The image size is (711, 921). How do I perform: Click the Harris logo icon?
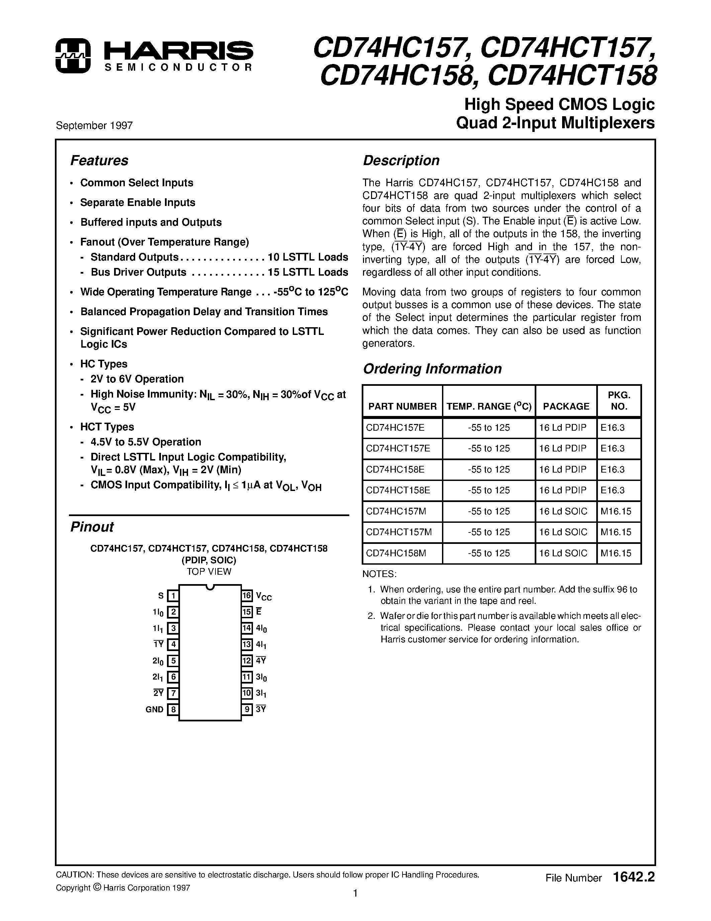click(x=73, y=56)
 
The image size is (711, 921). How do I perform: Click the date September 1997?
click(x=94, y=126)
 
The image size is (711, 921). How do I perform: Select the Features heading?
click(x=99, y=161)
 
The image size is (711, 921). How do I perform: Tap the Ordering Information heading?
click(x=432, y=369)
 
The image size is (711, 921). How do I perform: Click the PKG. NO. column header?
click(x=619, y=401)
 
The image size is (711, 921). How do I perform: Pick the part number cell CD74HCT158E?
click(x=398, y=490)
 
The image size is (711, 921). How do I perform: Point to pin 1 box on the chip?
click(x=173, y=596)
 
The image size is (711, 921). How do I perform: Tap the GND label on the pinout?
click(x=155, y=710)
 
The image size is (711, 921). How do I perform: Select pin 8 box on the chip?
click(x=173, y=710)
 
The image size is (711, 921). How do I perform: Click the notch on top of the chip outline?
click(x=210, y=586)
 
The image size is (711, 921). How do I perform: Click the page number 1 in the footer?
click(x=355, y=905)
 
